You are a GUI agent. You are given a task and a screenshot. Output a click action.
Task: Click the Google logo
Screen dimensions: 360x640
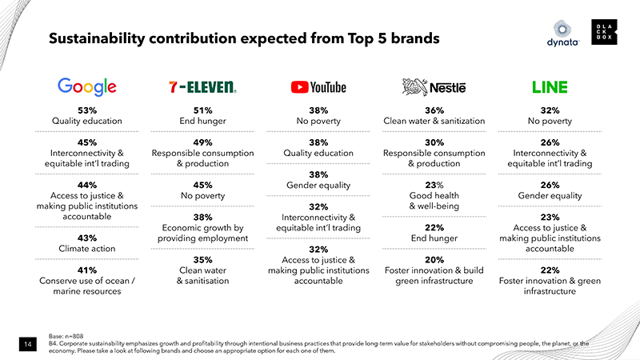87,86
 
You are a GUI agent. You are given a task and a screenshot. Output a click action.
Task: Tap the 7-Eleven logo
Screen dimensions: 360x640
203,86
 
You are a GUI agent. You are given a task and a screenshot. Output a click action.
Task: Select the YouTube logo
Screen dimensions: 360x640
319,86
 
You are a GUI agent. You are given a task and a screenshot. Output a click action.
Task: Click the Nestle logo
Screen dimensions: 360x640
434,86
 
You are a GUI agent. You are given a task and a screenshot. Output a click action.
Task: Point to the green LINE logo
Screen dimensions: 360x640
550,86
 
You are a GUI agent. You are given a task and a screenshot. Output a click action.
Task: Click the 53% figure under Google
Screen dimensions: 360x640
87,110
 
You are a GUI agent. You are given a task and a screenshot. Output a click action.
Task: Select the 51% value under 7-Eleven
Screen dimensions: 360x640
203,110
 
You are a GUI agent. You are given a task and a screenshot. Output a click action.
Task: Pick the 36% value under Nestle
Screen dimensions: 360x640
434,110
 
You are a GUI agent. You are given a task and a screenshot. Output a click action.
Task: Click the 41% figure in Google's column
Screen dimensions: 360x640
87,270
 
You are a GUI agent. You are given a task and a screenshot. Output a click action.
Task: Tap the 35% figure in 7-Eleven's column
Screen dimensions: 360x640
203,259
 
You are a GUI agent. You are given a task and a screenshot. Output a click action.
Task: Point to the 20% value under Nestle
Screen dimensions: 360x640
434,259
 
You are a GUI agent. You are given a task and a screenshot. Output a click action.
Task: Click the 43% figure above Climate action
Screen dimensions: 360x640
87,238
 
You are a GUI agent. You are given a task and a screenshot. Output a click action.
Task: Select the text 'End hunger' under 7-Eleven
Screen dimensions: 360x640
203,122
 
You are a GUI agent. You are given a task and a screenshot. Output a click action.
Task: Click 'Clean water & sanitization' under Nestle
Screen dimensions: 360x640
434,122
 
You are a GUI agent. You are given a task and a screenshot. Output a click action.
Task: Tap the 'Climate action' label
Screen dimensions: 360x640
87,249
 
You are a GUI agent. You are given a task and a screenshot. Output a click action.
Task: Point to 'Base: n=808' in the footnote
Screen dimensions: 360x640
66,337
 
